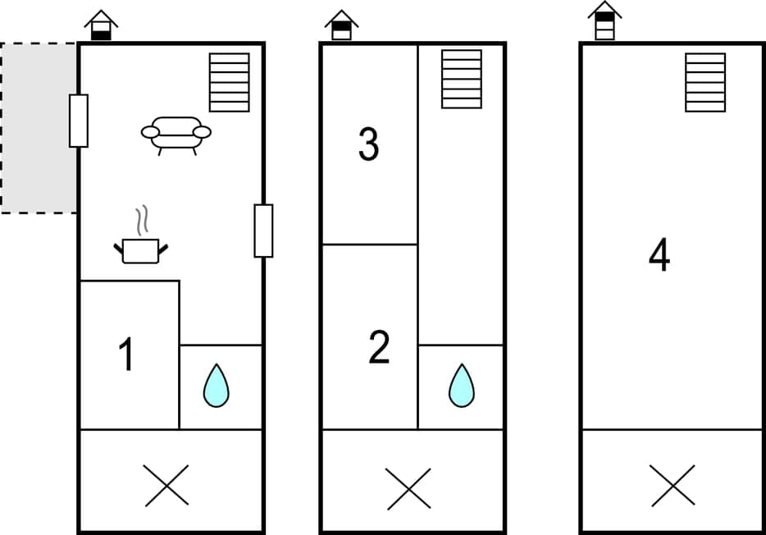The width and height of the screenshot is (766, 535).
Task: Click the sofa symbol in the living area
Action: (176, 134)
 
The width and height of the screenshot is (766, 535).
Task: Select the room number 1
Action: (125, 355)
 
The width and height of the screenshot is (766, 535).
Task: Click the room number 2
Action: (379, 348)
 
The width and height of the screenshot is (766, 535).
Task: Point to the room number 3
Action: (369, 144)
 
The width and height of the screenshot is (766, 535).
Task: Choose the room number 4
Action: (659, 256)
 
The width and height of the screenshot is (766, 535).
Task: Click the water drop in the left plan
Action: (216, 386)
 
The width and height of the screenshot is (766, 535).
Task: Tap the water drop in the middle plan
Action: (462, 386)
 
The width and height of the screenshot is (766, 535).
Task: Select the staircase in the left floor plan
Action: (230, 82)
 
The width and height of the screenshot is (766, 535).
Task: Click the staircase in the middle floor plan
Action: (462, 79)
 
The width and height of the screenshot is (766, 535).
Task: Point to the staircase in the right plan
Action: (705, 82)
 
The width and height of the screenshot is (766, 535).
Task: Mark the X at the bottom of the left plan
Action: (166, 485)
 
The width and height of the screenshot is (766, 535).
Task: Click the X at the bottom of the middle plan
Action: (409, 488)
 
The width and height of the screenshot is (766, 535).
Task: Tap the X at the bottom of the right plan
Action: (673, 485)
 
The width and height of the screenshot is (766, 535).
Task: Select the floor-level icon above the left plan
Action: (101, 25)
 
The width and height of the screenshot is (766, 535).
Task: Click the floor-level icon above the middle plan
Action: (341, 25)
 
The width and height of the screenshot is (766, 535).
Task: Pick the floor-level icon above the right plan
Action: (604, 21)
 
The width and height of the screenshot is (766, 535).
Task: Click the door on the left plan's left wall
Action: (79, 121)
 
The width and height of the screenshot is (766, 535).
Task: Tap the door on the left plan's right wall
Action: (263, 231)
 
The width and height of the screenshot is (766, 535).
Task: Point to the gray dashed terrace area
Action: (39, 128)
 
